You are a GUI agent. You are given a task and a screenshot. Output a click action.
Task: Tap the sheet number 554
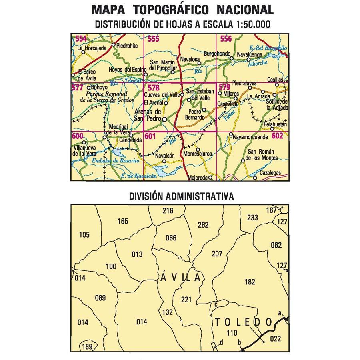click(81, 38)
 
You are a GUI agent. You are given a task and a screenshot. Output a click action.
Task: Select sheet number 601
click(150, 136)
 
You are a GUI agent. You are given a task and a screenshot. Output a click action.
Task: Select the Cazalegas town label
click(270, 173)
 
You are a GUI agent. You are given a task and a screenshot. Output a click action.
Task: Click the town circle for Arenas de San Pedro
click(164, 119)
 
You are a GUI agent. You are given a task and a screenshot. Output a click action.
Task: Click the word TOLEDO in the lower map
click(243, 322)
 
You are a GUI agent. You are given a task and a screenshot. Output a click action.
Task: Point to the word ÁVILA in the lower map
click(181, 276)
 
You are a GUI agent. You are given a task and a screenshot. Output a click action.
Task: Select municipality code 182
click(249, 282)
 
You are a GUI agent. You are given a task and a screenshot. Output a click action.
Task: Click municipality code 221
click(186, 299)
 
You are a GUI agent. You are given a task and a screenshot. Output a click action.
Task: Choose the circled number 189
click(87, 346)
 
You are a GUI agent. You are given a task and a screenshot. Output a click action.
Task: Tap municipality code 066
click(171, 238)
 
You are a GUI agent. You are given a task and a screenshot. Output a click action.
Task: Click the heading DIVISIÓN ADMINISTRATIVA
click(181, 196)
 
